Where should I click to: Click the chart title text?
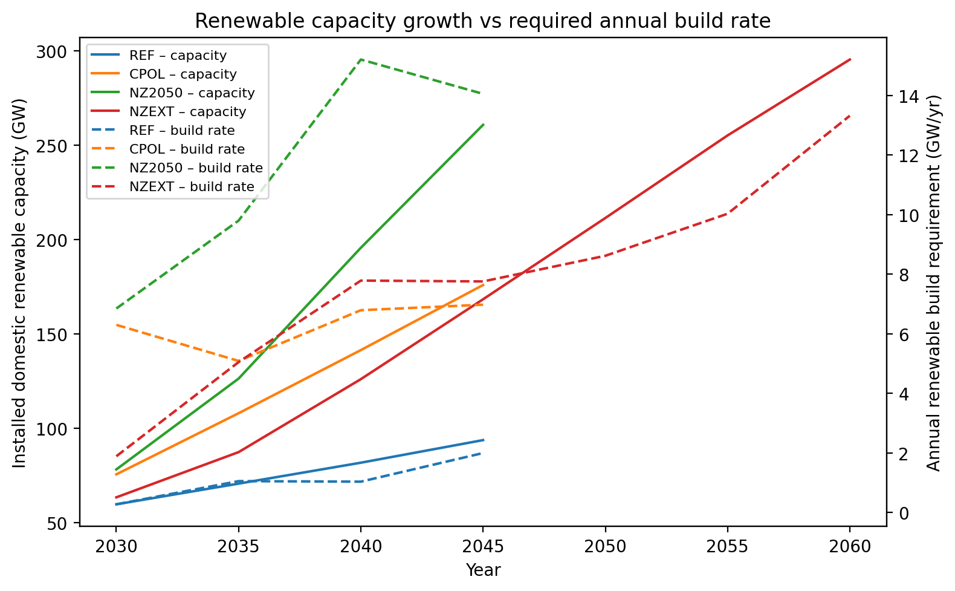point(482,21)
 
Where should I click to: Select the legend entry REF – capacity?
point(178,56)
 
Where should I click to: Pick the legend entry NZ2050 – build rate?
point(196,168)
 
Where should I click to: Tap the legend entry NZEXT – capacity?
point(187,112)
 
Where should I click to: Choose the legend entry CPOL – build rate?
point(187,149)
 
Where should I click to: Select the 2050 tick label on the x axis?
point(605,547)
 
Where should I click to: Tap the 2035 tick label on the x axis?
point(239,547)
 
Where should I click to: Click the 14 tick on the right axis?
point(901,97)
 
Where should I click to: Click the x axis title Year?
point(483,570)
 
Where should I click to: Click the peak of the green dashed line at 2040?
point(361,59)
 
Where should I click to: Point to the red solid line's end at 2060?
point(850,59)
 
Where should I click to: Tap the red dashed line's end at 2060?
point(850,115)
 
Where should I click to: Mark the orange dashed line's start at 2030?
point(116,325)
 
